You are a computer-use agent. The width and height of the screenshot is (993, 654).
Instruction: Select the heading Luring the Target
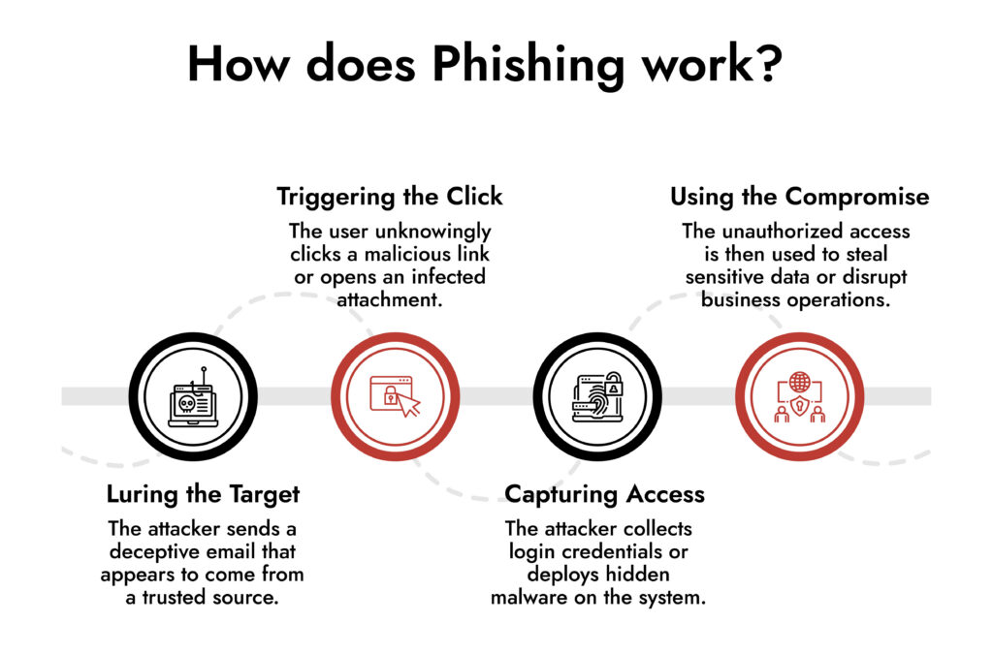coord(203,494)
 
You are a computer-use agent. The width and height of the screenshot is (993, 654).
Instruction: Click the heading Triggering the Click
coord(390,197)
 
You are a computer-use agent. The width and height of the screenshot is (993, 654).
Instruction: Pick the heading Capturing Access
coord(604,494)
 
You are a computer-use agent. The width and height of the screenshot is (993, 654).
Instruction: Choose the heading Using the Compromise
coord(799,197)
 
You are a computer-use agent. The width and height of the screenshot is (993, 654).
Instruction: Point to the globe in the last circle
coord(798,381)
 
